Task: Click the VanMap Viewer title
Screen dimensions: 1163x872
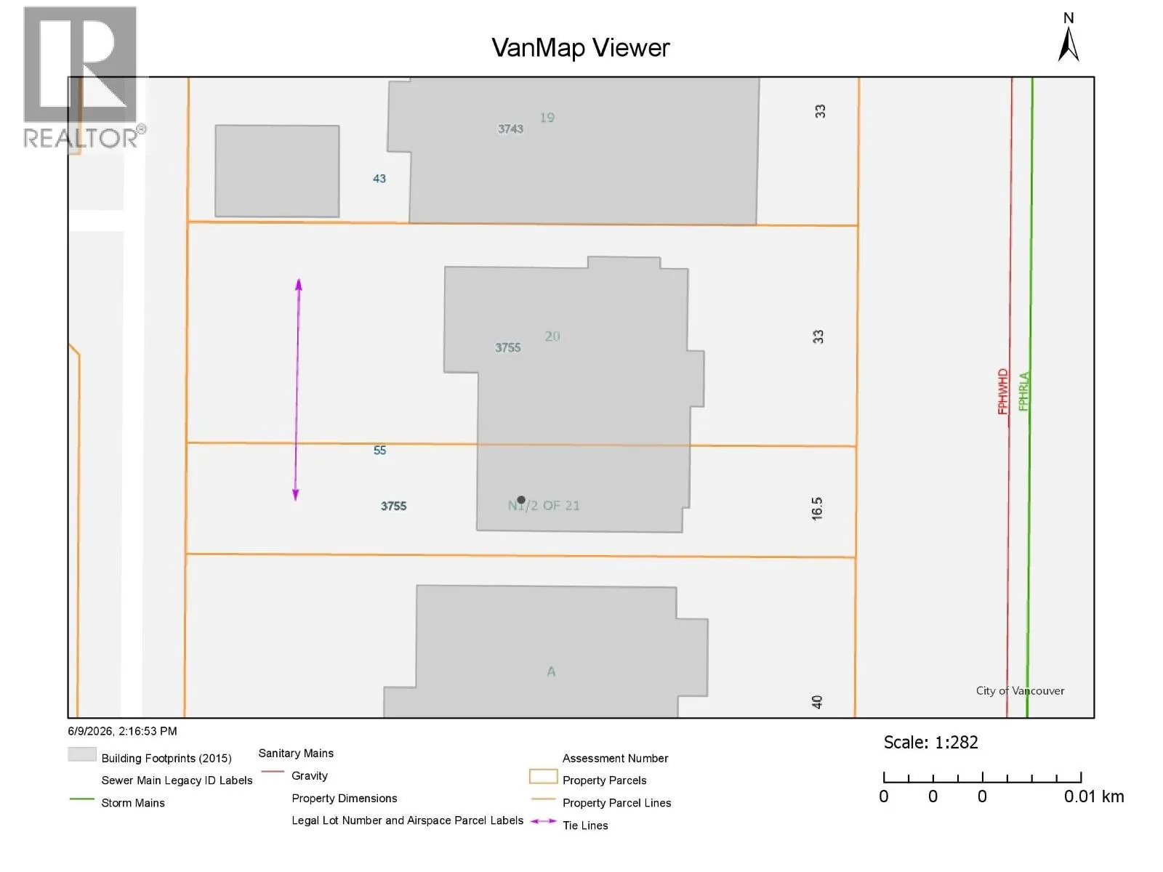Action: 580,48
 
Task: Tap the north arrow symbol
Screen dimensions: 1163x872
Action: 1069,44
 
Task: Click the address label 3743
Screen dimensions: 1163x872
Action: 510,129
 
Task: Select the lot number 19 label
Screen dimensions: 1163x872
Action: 547,118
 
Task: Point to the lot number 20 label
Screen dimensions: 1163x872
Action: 552,336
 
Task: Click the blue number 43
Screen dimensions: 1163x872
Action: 379,179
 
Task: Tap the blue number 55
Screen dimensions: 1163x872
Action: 379,450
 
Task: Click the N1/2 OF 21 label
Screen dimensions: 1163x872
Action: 544,505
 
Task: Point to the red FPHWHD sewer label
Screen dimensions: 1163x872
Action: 1002,391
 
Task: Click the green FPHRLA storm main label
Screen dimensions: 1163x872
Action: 1023,391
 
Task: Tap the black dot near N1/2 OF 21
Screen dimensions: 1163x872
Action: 521,499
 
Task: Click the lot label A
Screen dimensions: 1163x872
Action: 551,671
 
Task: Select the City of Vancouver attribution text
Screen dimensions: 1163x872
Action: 1019,690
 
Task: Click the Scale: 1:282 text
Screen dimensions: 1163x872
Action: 930,742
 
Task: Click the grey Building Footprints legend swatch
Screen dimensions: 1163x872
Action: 82,754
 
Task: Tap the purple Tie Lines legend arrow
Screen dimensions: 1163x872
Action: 543,821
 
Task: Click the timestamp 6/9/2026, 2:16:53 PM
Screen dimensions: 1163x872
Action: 122,731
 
